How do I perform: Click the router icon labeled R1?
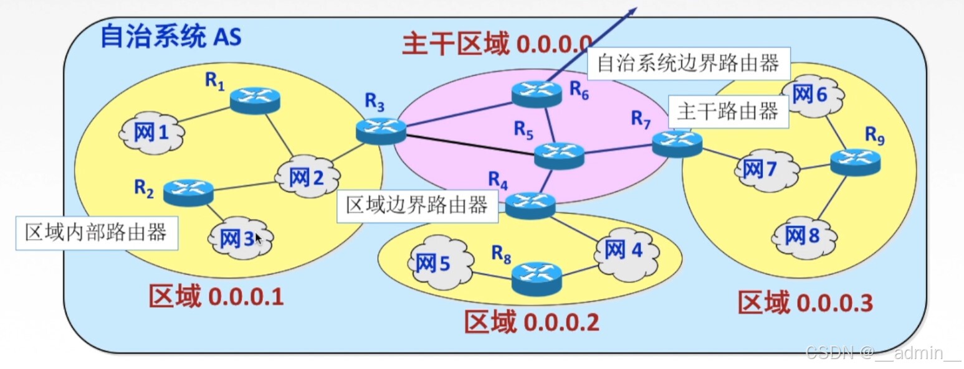255,101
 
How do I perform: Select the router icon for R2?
188,192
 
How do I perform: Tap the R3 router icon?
381,131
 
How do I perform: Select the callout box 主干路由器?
727,112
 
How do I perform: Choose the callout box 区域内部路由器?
95,233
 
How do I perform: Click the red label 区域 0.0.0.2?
532,322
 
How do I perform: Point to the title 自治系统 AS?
170,37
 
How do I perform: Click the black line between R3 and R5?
467,142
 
